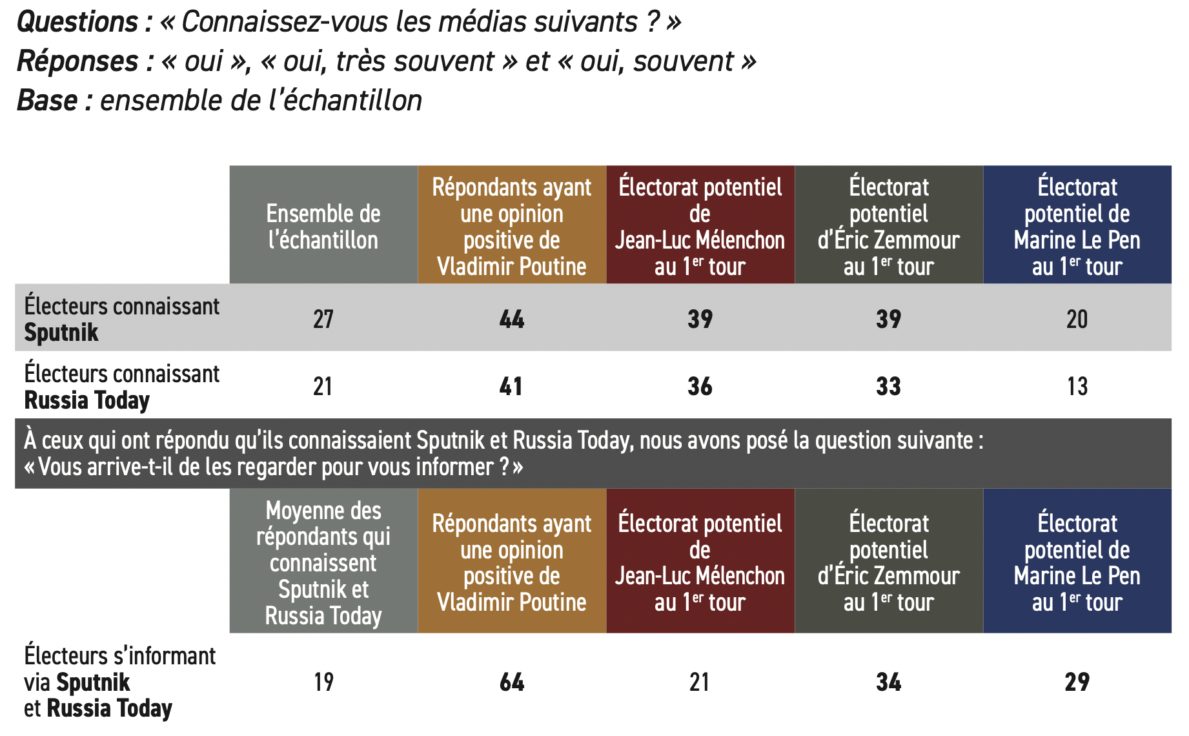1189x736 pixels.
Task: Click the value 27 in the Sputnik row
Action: pyautogui.click(x=323, y=319)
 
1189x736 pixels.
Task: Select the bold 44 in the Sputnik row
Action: pyautogui.click(x=512, y=319)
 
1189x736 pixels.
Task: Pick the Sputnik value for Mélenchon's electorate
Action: pyautogui.click(x=700, y=319)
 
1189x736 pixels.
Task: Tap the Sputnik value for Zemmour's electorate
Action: pyautogui.click(x=889, y=319)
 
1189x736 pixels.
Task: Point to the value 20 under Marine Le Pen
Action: pyautogui.click(x=1077, y=319)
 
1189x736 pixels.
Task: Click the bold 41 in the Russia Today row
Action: pyautogui.click(x=511, y=386)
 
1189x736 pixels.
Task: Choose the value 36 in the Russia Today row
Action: pyautogui.click(x=700, y=386)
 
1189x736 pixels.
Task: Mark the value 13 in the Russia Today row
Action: pyautogui.click(x=1077, y=386)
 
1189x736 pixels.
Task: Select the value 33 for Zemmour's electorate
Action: pyautogui.click(x=889, y=386)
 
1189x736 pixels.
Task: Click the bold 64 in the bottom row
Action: pyautogui.click(x=512, y=682)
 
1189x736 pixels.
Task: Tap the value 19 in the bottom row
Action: pyautogui.click(x=323, y=682)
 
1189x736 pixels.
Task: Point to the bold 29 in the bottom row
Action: pyautogui.click(x=1077, y=682)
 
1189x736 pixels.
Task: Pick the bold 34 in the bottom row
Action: pyautogui.click(x=889, y=682)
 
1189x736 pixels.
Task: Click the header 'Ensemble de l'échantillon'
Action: pyautogui.click(x=323, y=227)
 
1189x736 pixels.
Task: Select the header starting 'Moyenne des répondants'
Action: pyautogui.click(x=323, y=562)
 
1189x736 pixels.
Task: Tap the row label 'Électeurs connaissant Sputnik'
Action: pyautogui.click(x=121, y=319)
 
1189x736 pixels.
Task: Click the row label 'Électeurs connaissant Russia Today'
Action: pyautogui.click(x=121, y=387)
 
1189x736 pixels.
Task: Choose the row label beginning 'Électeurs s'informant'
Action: pyautogui.click(x=119, y=682)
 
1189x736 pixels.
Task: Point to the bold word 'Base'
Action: pyautogui.click(x=47, y=101)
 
